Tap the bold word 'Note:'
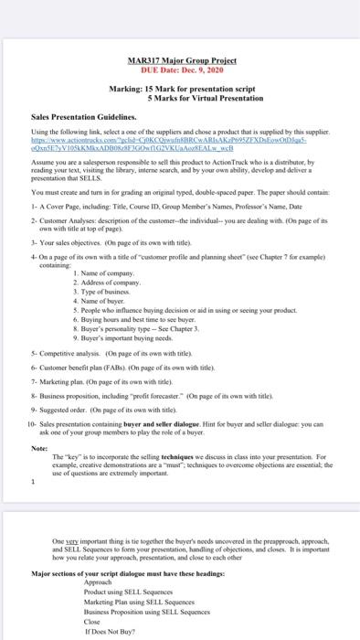(x=40, y=448)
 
